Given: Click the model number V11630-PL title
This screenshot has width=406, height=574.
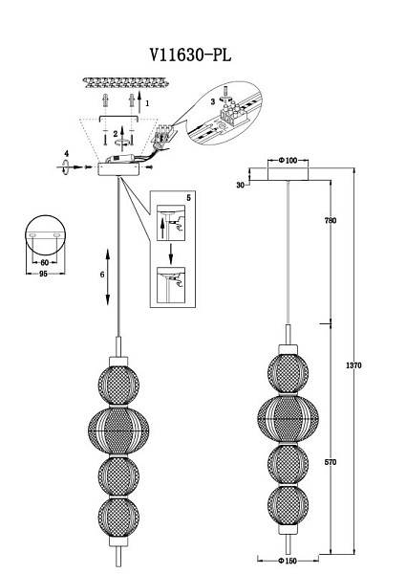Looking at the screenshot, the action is point(190,55).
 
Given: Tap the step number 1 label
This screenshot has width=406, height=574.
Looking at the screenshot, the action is point(147,103).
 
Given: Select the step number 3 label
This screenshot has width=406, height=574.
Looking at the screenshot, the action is point(213,102).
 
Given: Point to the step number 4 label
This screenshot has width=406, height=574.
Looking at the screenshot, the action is point(66,154).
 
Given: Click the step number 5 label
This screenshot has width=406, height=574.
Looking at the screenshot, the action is point(188,198).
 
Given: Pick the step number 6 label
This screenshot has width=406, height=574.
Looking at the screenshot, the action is point(102,275).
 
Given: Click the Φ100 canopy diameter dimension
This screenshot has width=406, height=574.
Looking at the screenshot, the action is point(288,161).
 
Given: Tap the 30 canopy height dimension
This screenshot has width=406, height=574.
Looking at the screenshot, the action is point(240,186).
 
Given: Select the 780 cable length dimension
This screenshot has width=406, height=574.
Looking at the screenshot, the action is point(331,220).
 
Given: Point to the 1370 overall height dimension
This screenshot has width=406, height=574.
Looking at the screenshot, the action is point(353,365).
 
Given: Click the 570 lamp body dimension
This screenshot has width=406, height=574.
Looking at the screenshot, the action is point(331,462).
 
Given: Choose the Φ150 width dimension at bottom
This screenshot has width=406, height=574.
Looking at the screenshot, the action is point(288,561).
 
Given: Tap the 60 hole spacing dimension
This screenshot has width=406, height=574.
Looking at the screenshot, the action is point(44,262).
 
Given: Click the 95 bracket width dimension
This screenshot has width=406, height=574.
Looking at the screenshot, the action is point(43,274).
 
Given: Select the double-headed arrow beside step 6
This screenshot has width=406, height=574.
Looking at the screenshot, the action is point(108,276).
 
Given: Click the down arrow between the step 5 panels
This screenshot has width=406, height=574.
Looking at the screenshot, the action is point(170,254).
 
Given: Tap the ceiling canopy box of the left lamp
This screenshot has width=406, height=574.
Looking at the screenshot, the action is point(118,169).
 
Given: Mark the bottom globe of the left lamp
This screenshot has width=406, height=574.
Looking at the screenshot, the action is point(118,517).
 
